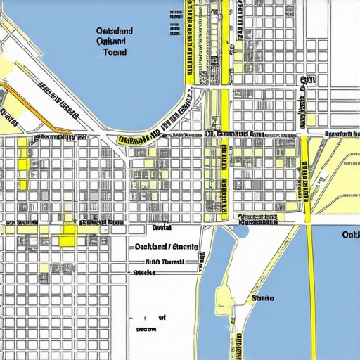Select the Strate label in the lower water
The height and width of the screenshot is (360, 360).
(262, 298)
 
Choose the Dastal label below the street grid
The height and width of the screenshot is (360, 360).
(162, 228)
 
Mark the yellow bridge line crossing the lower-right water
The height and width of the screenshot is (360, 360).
(310, 295)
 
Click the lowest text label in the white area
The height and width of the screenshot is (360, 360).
(146, 328)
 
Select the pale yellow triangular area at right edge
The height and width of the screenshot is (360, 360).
(341, 176)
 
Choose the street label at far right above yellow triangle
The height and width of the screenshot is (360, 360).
(342, 133)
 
